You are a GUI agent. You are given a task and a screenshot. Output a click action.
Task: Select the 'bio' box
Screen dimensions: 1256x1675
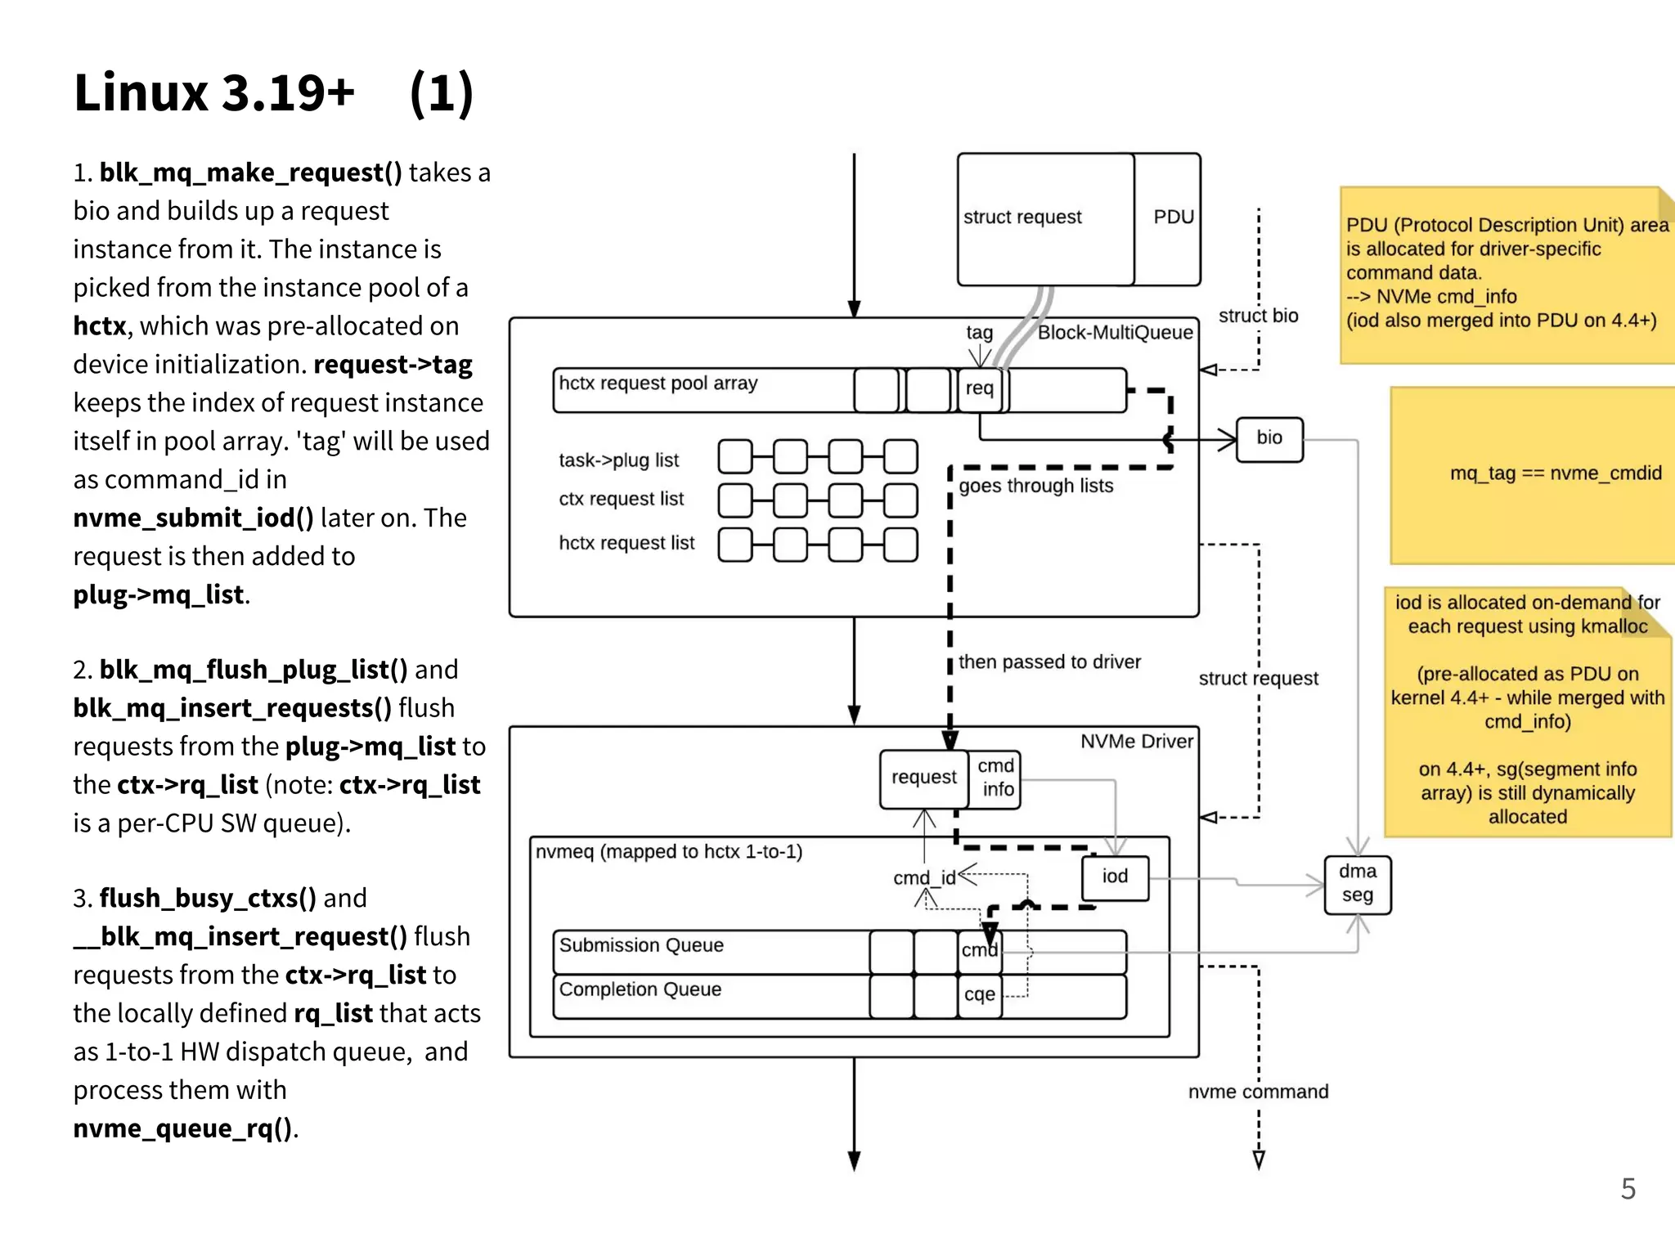(x=1269, y=439)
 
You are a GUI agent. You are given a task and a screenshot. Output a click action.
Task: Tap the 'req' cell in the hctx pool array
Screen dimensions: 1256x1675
(x=979, y=389)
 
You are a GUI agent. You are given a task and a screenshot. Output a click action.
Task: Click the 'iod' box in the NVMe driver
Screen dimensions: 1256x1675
(x=1115, y=877)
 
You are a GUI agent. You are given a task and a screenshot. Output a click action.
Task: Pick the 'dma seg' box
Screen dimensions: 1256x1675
(x=1357, y=884)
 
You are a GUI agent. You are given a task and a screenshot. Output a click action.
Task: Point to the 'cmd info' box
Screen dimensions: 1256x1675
(x=996, y=778)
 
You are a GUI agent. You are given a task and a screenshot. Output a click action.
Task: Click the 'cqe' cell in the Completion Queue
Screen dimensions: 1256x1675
(x=979, y=995)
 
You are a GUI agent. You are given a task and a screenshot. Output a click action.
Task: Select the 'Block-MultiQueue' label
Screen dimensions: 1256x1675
(x=1115, y=333)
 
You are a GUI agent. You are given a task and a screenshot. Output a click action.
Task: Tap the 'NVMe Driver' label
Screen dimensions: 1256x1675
(x=1136, y=742)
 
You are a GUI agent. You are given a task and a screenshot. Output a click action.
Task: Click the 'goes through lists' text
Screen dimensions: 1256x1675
(x=1035, y=487)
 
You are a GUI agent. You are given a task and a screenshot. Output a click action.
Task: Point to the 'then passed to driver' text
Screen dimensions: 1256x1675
(x=1049, y=662)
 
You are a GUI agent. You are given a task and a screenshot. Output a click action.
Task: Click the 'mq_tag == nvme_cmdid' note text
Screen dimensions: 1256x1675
(x=1555, y=473)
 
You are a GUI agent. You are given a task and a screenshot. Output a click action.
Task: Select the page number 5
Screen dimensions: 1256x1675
(x=1628, y=1189)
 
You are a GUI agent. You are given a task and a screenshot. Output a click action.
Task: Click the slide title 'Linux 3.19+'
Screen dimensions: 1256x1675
(x=214, y=93)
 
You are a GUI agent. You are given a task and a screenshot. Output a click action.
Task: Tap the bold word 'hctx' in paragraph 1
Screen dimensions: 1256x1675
(x=99, y=326)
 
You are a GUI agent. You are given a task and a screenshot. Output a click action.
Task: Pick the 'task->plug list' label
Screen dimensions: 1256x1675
(x=618, y=460)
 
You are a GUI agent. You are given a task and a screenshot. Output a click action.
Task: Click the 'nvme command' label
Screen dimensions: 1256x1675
(x=1257, y=1092)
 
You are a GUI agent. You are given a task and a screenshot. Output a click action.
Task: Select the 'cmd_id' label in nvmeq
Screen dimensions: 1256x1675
(x=923, y=878)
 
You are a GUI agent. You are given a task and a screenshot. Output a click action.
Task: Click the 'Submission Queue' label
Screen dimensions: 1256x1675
(x=641, y=946)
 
